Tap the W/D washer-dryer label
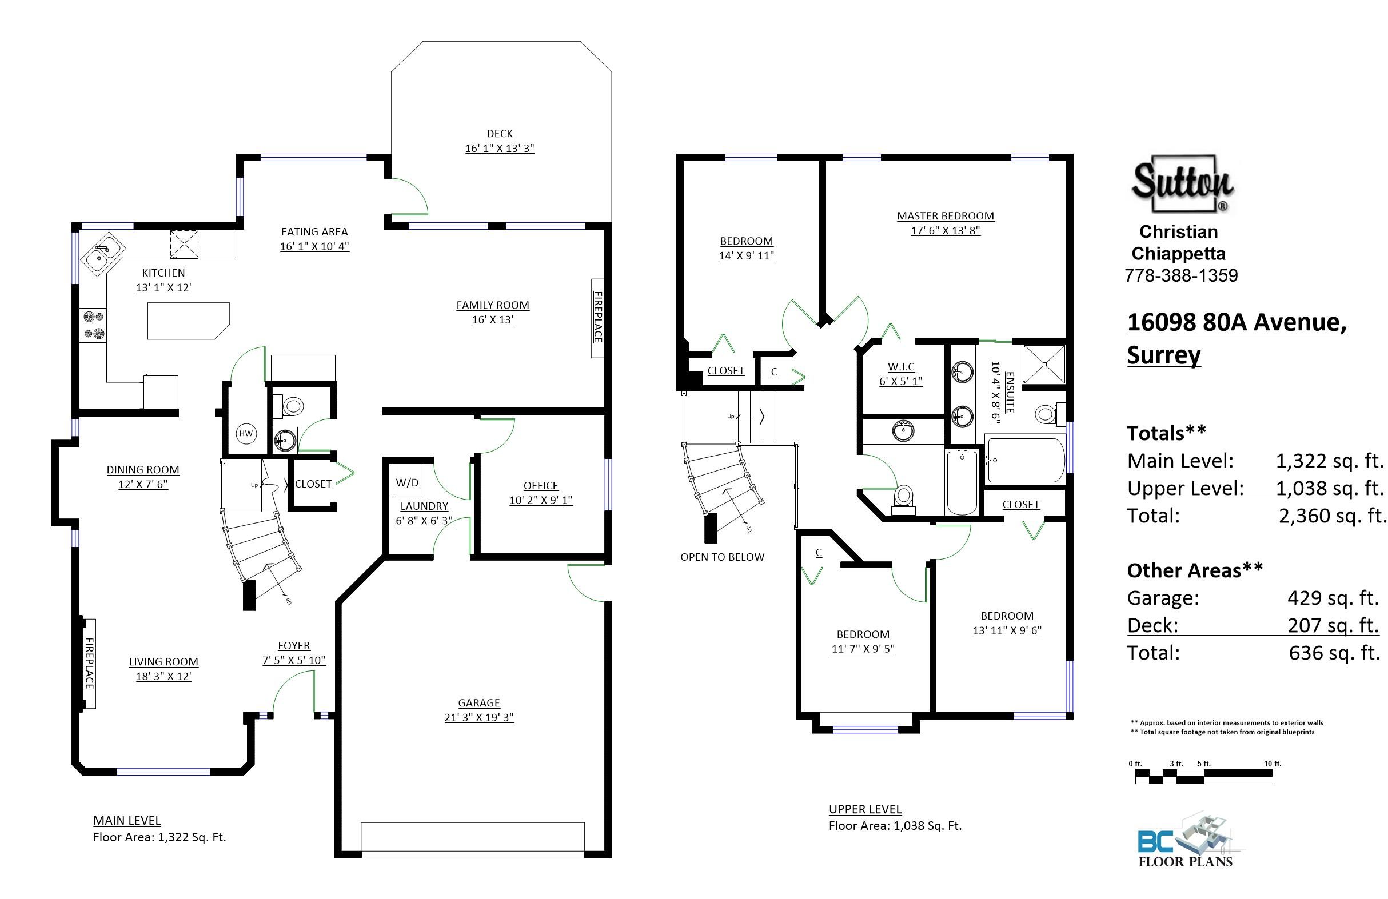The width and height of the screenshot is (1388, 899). pyautogui.click(x=407, y=482)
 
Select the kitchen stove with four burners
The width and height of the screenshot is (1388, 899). pyautogui.click(x=93, y=325)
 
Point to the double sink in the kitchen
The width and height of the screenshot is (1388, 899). pyautogui.click(x=103, y=253)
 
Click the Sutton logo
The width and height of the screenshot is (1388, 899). pyautogui.click(x=1183, y=183)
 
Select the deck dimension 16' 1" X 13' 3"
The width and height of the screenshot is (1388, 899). pyautogui.click(x=500, y=148)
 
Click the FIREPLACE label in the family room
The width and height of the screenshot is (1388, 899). pyautogui.click(x=598, y=317)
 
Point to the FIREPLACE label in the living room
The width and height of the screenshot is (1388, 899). pyautogui.click(x=89, y=663)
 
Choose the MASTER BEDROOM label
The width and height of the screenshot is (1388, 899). pyautogui.click(x=946, y=215)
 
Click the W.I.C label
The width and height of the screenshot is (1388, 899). pyautogui.click(x=901, y=367)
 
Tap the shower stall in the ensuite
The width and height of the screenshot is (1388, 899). pyautogui.click(x=1044, y=365)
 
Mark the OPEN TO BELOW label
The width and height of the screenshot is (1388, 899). pyautogui.click(x=722, y=557)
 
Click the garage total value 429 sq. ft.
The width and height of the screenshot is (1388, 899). pyautogui.click(x=1333, y=598)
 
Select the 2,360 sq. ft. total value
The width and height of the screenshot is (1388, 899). pyautogui.click(x=1332, y=516)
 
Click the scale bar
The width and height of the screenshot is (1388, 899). pyautogui.click(x=1204, y=776)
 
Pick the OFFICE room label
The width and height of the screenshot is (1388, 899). pyautogui.click(x=541, y=485)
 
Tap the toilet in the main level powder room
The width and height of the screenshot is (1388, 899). pyautogui.click(x=290, y=406)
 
